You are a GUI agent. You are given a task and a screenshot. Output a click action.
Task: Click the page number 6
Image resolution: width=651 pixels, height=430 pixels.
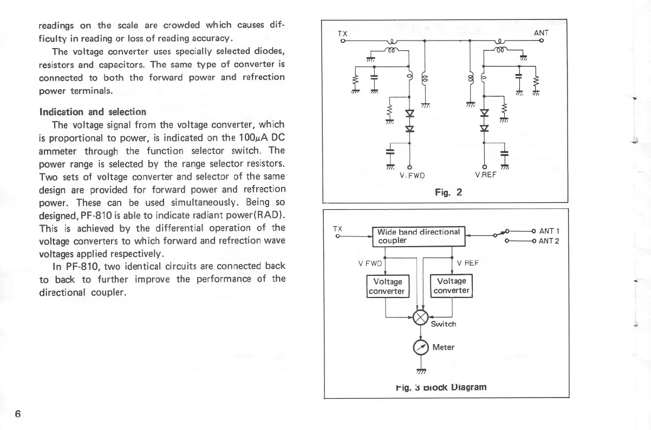tap(18, 414)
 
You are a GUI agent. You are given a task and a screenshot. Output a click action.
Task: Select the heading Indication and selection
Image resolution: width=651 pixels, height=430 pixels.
tap(93, 112)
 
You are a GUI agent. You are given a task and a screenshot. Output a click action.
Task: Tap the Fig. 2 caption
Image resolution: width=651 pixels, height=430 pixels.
tap(447, 191)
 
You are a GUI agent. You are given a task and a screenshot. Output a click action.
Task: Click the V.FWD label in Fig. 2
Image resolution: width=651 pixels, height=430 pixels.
tap(412, 175)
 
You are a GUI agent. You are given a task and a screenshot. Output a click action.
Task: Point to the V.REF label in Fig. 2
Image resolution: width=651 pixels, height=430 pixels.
tap(486, 175)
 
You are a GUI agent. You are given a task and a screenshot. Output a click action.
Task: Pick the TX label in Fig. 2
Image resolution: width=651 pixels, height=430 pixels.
tap(342, 33)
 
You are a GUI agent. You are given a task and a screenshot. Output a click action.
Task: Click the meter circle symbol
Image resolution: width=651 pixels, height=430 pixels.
tap(421, 347)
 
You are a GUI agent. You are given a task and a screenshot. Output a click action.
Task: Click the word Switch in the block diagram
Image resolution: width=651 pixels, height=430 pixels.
tap(444, 324)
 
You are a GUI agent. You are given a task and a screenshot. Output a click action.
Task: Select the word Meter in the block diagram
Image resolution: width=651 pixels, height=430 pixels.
tap(444, 347)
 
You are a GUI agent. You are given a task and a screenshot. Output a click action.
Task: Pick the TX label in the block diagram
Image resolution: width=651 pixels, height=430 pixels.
tap(337, 229)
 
